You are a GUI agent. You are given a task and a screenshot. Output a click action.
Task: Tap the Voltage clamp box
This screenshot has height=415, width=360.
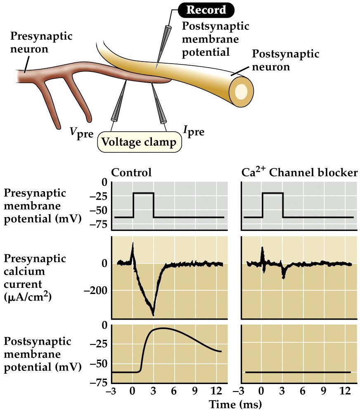(140, 142)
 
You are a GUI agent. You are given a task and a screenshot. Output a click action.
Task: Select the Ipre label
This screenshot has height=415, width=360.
(194, 131)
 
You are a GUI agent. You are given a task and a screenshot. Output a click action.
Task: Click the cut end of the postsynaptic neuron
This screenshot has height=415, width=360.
(241, 90)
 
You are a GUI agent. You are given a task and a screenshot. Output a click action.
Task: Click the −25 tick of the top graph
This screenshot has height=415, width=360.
(98, 196)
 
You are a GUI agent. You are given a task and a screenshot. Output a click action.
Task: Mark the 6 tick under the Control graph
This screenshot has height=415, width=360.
(175, 391)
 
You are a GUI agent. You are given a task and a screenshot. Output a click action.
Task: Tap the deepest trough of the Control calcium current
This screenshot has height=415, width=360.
(153, 315)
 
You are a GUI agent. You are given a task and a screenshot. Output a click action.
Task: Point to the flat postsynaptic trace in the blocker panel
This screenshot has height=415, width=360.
(297, 372)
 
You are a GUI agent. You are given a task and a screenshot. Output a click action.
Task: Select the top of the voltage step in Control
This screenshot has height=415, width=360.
(143, 193)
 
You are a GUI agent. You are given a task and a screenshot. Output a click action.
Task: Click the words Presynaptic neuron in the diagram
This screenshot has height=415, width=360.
(41, 43)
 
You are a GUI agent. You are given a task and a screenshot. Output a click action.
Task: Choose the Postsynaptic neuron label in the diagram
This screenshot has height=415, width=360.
(285, 60)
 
